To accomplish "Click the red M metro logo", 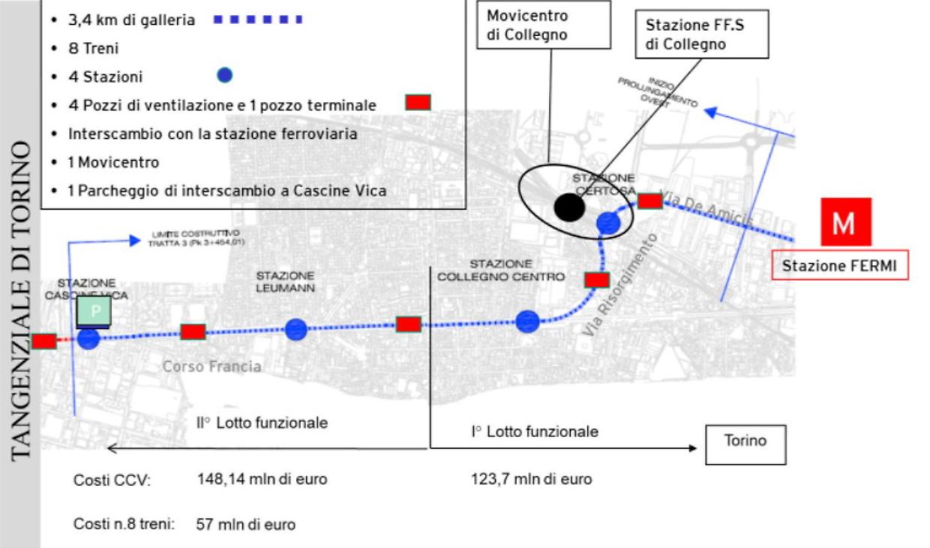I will click(845, 222).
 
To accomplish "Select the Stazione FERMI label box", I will click(840, 265).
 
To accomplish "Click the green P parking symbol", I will click(95, 311).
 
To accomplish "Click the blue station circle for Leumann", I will click(297, 329).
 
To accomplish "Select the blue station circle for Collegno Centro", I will click(527, 322).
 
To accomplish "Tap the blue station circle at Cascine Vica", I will click(88, 339).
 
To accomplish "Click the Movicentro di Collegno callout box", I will click(527, 25).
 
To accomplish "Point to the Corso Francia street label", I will click(212, 366).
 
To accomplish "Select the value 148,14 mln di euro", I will click(262, 479).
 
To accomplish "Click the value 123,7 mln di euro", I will click(531, 479).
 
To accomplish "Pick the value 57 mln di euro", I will click(245, 524).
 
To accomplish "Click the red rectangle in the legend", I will click(418, 103).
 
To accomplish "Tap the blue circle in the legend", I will click(223, 75).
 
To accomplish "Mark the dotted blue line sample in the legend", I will click(258, 20).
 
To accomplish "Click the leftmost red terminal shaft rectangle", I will click(43, 341).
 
